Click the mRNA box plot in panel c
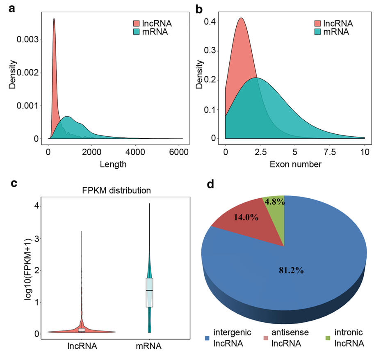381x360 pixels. [149, 292]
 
